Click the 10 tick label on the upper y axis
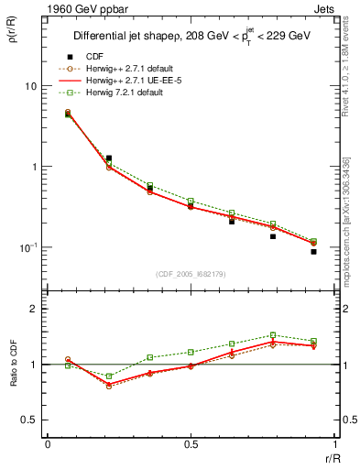click(x=30, y=86)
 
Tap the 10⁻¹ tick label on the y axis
click(x=28, y=248)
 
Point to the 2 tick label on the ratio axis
click(x=34, y=309)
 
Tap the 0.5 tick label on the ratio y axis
click(x=30, y=420)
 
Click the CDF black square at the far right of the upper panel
click(x=313, y=252)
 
